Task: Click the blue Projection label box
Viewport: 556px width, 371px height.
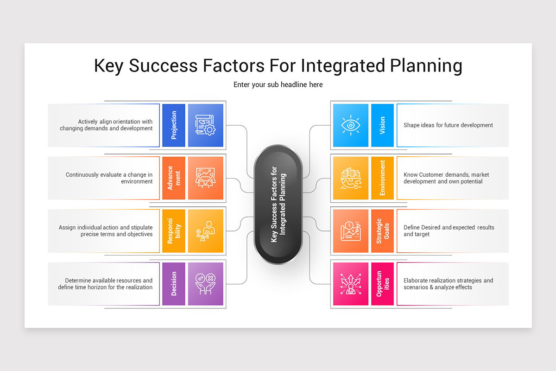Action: [174, 125]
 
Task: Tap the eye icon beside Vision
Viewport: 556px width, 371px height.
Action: [351, 125]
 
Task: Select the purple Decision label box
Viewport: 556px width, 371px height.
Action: [174, 284]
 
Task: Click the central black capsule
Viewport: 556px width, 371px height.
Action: [278, 205]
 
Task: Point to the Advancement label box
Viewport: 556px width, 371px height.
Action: [174, 178]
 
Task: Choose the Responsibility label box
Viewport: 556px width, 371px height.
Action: [174, 231]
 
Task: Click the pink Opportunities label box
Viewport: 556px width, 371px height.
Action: [382, 284]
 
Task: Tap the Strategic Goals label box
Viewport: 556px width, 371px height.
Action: [382, 231]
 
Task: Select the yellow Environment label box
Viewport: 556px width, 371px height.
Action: [382, 178]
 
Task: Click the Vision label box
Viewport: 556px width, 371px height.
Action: [382, 125]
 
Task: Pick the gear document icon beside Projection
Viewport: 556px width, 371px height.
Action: [206, 125]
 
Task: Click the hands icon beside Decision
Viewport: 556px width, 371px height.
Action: [206, 284]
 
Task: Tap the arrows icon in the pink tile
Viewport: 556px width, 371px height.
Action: [351, 284]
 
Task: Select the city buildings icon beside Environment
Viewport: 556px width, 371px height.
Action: [351, 178]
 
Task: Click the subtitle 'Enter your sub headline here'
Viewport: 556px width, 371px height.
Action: [278, 85]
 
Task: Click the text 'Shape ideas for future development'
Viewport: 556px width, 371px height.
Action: [448, 125]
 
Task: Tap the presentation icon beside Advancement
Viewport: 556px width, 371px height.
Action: [206, 178]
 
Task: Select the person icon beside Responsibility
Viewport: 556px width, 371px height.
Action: [206, 231]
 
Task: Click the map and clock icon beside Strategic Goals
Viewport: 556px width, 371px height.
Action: [351, 231]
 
